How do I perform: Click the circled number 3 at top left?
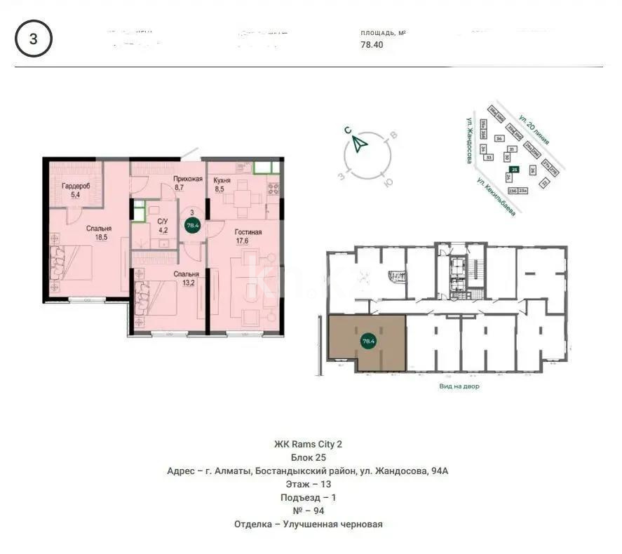click(33, 39)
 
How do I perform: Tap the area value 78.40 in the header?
click(372, 45)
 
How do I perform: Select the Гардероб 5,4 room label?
click(71, 191)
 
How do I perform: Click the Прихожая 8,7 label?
click(188, 184)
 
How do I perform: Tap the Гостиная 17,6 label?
click(248, 237)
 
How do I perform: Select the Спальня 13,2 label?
click(187, 279)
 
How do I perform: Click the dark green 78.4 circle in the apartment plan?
click(191, 225)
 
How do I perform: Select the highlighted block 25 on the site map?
click(515, 170)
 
